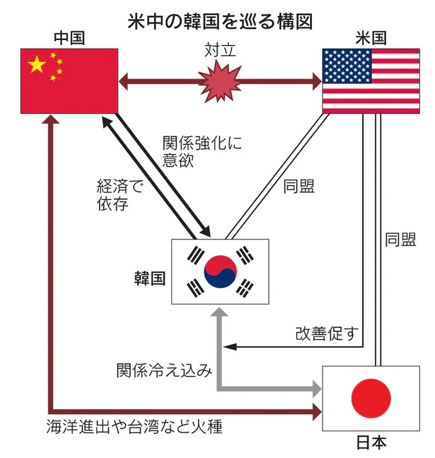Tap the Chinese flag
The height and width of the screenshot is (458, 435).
[x=69, y=80]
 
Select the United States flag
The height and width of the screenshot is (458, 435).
[x=371, y=80]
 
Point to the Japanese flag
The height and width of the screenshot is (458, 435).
[x=371, y=398]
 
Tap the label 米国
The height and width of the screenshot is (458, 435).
[x=371, y=38]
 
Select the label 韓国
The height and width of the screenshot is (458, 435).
[x=150, y=277]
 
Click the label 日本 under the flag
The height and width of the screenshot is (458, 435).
[x=371, y=443]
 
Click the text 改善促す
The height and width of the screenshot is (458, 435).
[x=327, y=333]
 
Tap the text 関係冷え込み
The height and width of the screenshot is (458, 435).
[x=163, y=370]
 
